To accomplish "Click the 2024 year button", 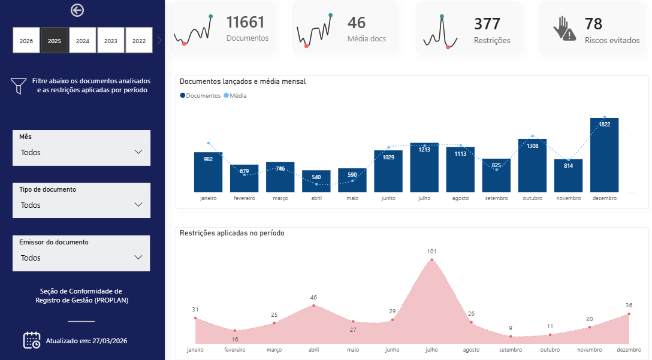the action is click(83, 40).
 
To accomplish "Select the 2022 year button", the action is click(139, 40).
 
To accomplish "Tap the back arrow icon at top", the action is click(77, 10).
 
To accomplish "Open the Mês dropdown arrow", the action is click(138, 152).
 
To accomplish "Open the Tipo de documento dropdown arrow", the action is click(138, 204).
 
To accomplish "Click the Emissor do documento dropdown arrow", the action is click(138, 258).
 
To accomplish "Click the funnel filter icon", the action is click(19, 86).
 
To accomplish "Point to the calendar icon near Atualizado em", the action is click(32, 340).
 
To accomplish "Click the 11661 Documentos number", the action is click(245, 22).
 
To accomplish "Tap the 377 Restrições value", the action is click(487, 24).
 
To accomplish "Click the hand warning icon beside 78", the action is click(565, 28).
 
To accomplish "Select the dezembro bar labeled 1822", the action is click(604, 155).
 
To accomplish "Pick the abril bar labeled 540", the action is click(316, 181).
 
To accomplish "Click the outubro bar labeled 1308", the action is click(532, 165).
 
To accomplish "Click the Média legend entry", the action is click(236, 96).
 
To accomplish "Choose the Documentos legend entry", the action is click(200, 96).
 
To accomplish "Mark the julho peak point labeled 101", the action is click(431, 260).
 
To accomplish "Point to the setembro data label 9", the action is click(511, 328).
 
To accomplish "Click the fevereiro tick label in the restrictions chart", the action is click(234, 350).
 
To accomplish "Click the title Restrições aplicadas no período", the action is click(232, 233).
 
